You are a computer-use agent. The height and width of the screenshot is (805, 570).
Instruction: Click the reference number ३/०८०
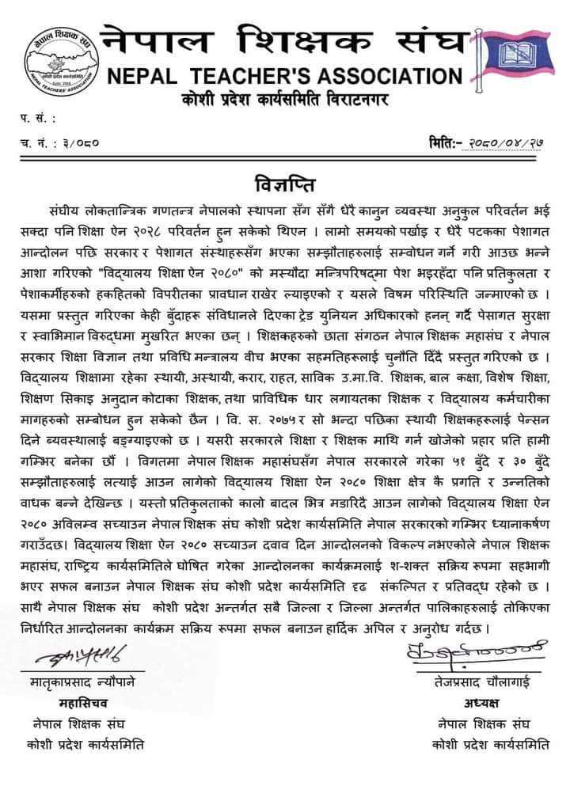[x=83, y=144]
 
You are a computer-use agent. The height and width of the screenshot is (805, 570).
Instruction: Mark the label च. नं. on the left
[x=36, y=144]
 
